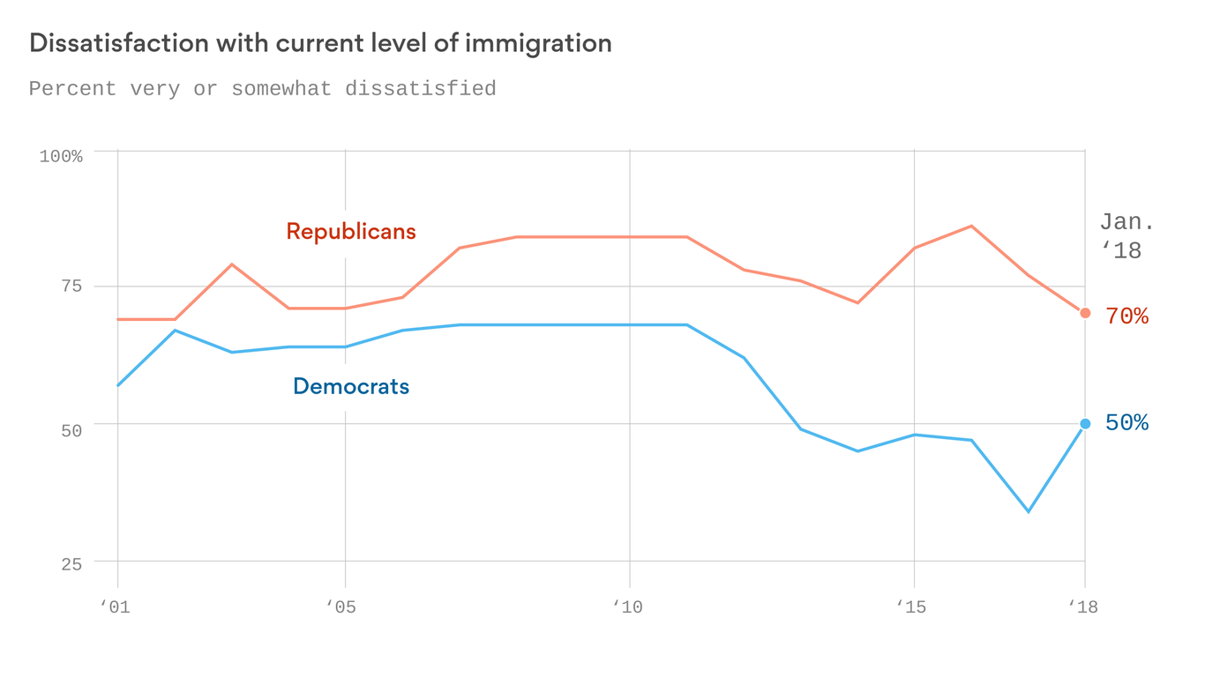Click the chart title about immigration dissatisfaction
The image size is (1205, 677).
320,43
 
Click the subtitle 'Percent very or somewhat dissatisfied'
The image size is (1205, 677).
262,89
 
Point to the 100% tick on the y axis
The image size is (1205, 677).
61,157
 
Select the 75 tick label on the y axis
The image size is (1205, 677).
71,286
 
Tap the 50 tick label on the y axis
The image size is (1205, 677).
71,431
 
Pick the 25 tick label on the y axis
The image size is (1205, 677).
71,565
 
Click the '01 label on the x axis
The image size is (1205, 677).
115,607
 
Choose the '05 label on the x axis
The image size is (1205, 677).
341,607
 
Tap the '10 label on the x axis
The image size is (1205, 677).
628,607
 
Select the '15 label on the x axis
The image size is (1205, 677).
912,607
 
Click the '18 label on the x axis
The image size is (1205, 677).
1083,607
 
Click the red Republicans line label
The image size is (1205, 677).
350,232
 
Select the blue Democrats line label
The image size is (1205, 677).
350,386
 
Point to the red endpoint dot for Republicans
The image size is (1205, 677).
1085,313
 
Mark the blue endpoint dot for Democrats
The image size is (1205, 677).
1085,424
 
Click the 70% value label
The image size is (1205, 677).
1126,316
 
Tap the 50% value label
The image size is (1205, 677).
1126,423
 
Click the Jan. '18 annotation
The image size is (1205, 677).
1126,236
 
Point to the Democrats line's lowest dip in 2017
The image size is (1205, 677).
1029,511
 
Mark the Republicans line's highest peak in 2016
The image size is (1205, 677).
971,227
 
